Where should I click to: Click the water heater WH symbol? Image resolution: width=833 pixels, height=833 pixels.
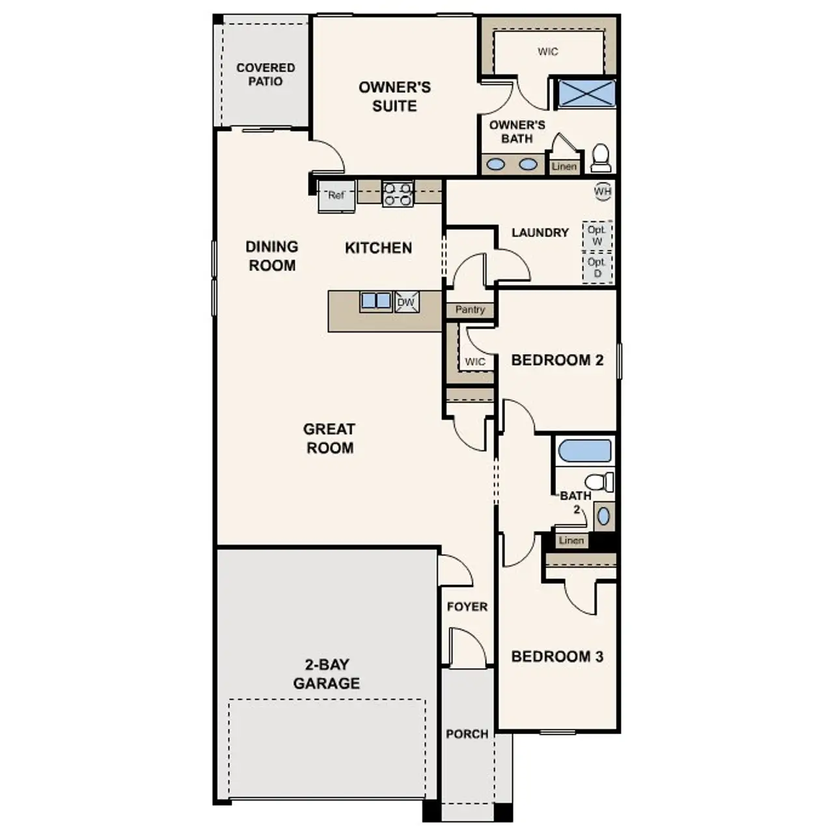(x=603, y=191)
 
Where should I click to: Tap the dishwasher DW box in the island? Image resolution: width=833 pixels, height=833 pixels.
(x=407, y=303)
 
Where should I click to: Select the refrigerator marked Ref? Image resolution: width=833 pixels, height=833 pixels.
(x=336, y=195)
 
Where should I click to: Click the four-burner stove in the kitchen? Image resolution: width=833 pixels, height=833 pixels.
(x=398, y=194)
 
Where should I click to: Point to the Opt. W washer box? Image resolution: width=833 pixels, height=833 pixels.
(x=597, y=236)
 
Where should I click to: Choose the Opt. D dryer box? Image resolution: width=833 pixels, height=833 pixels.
(x=597, y=267)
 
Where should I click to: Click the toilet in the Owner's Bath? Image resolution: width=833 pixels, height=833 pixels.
(x=601, y=158)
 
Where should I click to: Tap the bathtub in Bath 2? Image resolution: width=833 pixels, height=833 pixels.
(x=585, y=451)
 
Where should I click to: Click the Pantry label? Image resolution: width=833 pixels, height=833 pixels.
(x=470, y=310)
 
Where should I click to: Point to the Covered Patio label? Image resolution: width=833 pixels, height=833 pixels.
(x=266, y=74)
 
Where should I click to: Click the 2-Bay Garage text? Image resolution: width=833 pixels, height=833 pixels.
(x=327, y=674)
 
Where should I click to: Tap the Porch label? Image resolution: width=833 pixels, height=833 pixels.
(x=467, y=734)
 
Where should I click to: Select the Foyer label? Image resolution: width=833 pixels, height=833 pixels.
(x=467, y=607)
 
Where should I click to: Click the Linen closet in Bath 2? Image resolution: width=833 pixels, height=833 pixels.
(x=571, y=540)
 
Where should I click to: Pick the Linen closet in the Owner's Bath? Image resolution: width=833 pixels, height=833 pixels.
(x=564, y=167)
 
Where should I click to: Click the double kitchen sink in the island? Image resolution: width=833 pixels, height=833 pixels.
(x=376, y=301)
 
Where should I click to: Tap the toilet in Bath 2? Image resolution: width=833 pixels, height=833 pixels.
(x=599, y=482)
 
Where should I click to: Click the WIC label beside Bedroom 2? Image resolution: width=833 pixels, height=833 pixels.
(x=475, y=362)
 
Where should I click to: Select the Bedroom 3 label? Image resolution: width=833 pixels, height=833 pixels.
(x=557, y=656)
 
